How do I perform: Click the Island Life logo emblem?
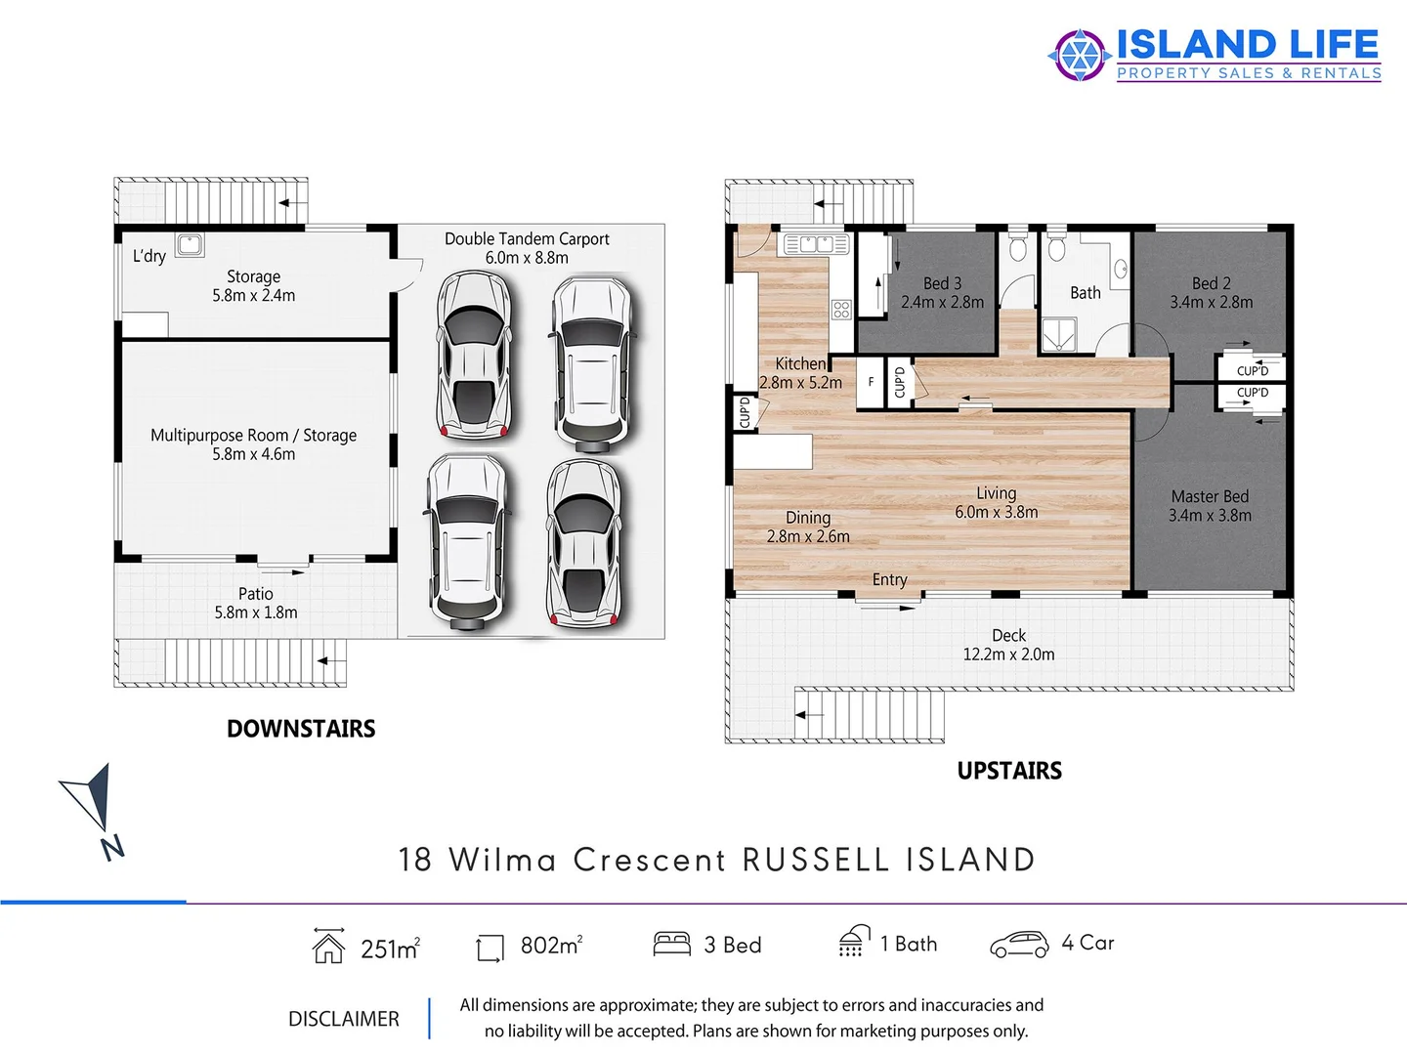[1079, 55]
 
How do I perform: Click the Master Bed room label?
[1210, 496]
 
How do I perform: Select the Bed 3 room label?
[942, 283]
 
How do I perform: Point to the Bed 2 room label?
[1211, 283]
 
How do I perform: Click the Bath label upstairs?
[1085, 293]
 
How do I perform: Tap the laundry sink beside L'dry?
[190, 245]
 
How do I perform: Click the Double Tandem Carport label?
[527, 239]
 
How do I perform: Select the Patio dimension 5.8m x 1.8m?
[256, 612]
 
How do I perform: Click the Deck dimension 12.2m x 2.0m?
[1008, 654]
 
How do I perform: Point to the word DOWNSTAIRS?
[301, 729]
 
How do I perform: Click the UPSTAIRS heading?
[1009, 771]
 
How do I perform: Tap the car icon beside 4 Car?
[1019, 944]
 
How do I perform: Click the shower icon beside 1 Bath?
[854, 941]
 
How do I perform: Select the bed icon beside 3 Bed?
[671, 944]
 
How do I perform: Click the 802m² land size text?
[551, 945]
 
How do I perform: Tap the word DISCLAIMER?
[344, 1019]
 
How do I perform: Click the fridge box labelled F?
[871, 382]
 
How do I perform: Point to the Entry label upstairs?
[889, 579]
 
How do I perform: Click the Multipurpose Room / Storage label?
[253, 436]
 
